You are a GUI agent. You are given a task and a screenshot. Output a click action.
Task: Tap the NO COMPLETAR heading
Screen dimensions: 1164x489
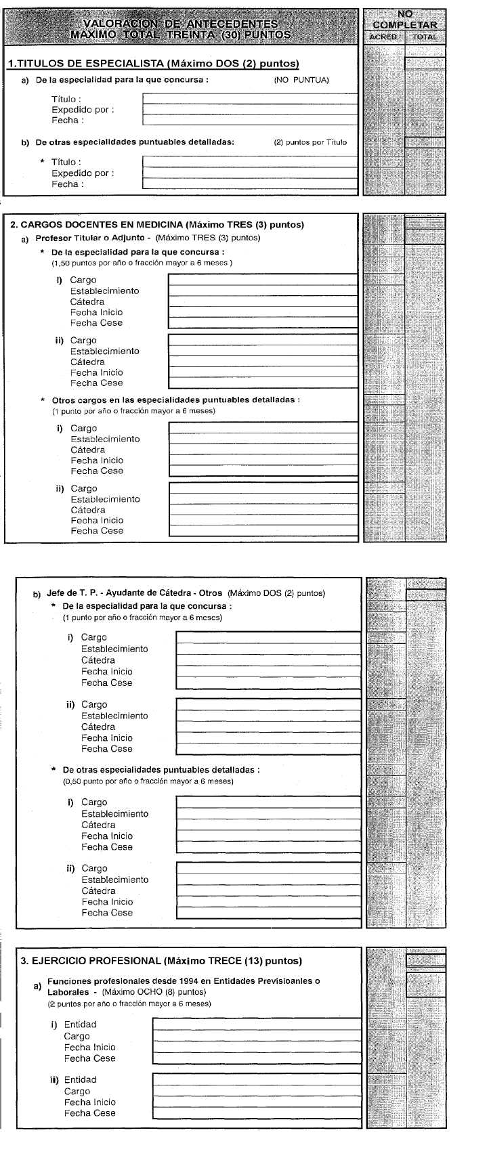(x=405, y=20)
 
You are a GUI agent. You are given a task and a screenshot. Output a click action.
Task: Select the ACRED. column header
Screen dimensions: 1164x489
(x=384, y=37)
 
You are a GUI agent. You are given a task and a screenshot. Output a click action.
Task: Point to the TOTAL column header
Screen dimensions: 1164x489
(x=425, y=37)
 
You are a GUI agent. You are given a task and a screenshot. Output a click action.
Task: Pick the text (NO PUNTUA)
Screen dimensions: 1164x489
(x=301, y=80)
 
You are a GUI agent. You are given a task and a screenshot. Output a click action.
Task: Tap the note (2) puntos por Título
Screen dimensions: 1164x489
(x=310, y=142)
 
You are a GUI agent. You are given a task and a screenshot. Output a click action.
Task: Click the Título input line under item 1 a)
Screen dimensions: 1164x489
(x=249, y=98)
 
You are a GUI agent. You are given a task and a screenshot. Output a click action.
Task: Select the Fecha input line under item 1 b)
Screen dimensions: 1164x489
(x=249, y=184)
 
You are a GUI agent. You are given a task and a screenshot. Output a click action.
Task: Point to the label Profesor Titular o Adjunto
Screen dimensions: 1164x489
(x=90, y=238)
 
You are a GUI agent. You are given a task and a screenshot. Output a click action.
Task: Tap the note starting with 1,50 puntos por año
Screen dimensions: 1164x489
(x=142, y=263)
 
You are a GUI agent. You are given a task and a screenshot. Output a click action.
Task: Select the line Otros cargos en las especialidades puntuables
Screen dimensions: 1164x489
(x=175, y=400)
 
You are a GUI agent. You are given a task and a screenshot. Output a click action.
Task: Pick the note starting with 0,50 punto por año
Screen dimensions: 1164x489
(x=148, y=781)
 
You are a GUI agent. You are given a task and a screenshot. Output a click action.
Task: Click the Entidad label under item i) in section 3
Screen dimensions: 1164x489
(x=80, y=1025)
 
